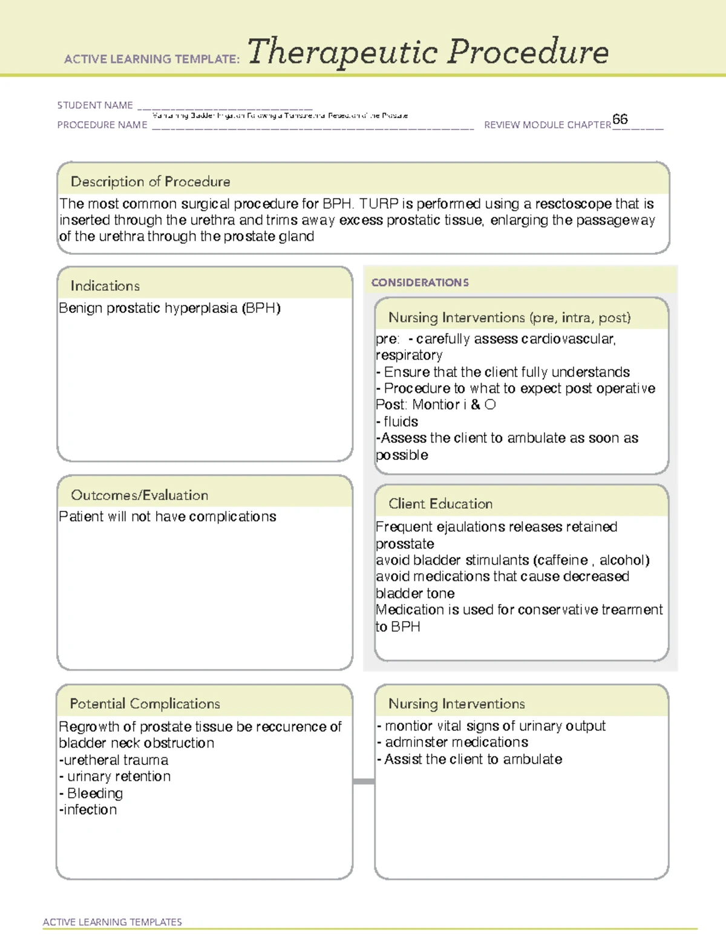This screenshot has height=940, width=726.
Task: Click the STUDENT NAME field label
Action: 95,105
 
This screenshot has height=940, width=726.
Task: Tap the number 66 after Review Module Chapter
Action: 620,119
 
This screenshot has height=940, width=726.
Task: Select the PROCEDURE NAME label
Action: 102,125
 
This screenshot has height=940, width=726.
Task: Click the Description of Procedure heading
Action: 150,182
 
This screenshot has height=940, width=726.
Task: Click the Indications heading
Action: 105,286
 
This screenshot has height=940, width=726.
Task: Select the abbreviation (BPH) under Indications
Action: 261,308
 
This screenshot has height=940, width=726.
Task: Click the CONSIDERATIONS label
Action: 420,283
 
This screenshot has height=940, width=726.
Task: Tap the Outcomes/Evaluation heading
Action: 139,495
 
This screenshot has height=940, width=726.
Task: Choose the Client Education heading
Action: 440,504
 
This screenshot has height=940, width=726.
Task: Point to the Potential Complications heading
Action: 145,703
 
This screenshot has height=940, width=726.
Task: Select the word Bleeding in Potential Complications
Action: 95,794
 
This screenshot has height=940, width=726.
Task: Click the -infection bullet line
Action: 88,810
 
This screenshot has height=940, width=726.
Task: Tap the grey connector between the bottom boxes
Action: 364,781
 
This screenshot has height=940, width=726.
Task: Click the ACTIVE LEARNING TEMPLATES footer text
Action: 112,922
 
